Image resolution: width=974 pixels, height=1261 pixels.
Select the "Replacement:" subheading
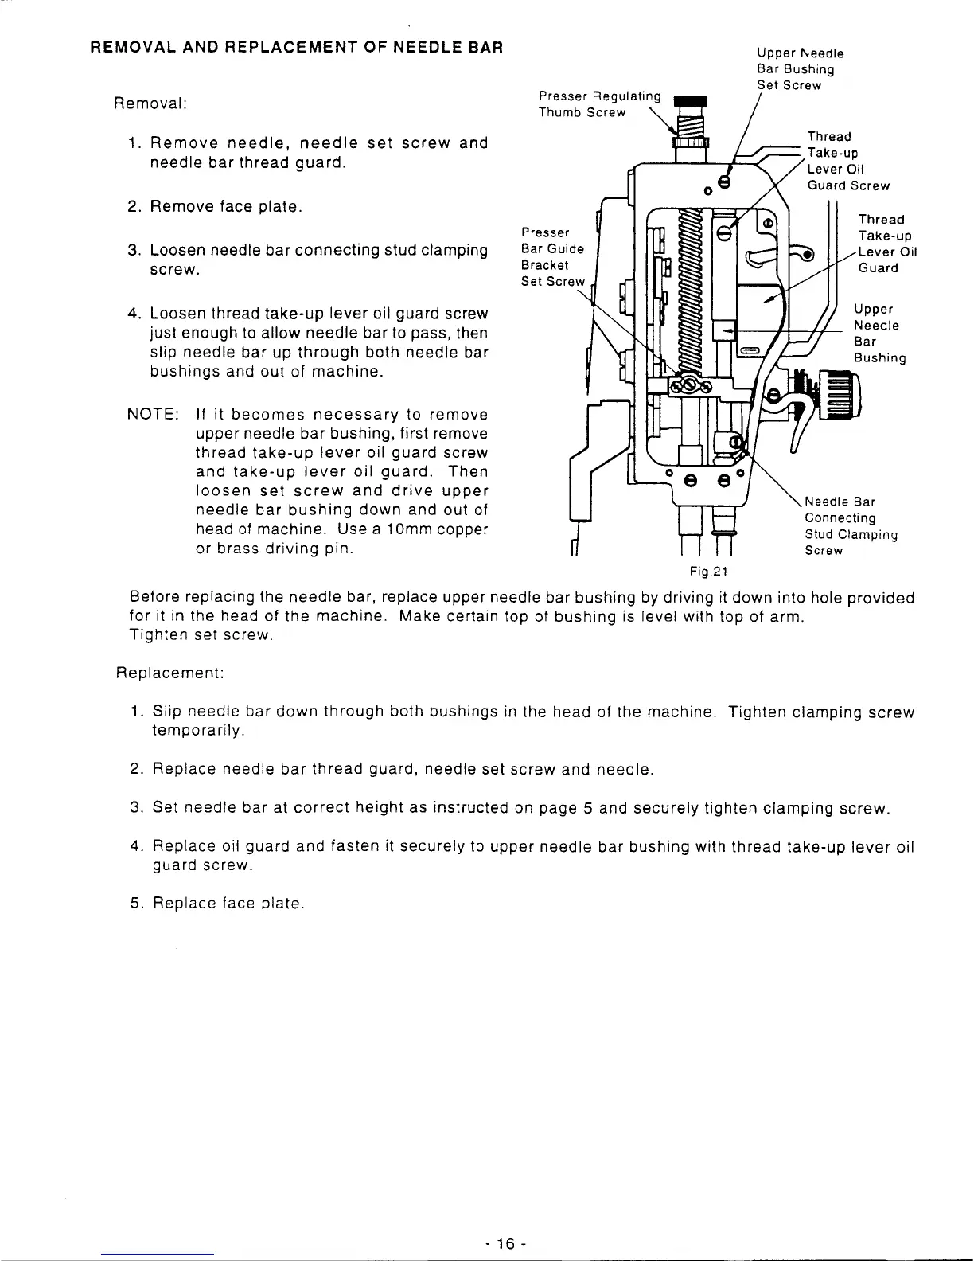(170, 673)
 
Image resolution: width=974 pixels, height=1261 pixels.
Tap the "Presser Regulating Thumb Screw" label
(599, 104)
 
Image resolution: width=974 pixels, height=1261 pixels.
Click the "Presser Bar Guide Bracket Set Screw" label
(552, 256)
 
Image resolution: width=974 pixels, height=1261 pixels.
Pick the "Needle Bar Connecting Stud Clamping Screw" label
(851, 525)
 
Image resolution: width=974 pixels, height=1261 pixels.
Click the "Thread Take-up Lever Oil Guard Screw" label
(847, 161)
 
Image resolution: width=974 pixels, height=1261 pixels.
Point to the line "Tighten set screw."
(202, 635)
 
